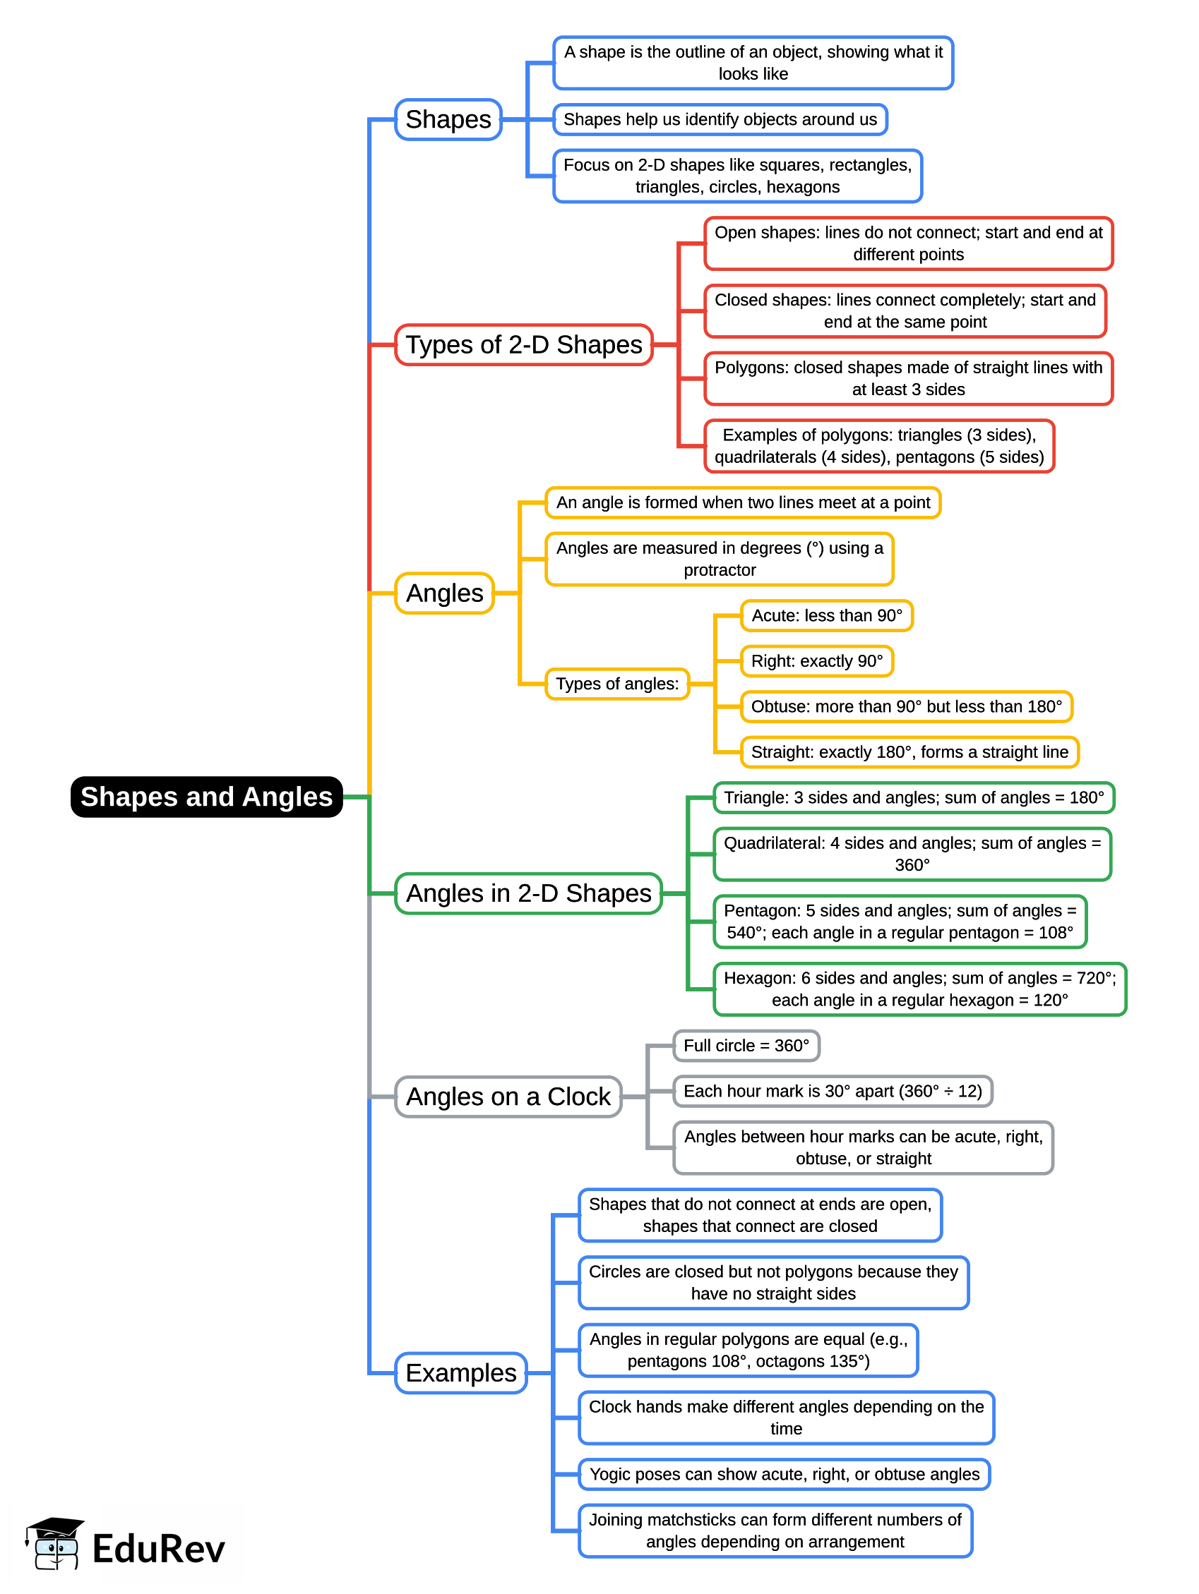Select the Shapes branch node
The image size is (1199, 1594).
tap(448, 119)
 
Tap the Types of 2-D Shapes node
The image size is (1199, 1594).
tap(523, 344)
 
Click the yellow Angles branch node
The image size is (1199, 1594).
tap(444, 593)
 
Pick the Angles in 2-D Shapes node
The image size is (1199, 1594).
tap(527, 893)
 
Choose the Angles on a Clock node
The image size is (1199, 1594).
tap(508, 1096)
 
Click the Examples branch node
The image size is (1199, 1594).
tap(460, 1372)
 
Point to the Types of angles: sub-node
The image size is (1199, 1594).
tap(616, 683)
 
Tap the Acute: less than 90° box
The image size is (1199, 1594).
tap(826, 615)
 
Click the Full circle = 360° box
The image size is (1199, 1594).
tap(746, 1045)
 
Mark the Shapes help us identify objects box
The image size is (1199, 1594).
tap(720, 119)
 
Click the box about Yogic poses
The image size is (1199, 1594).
tap(784, 1473)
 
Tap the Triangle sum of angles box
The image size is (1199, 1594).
tap(913, 797)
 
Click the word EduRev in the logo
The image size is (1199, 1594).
tap(159, 1549)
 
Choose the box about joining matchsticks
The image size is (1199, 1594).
tap(775, 1530)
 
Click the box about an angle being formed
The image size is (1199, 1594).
tap(743, 502)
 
